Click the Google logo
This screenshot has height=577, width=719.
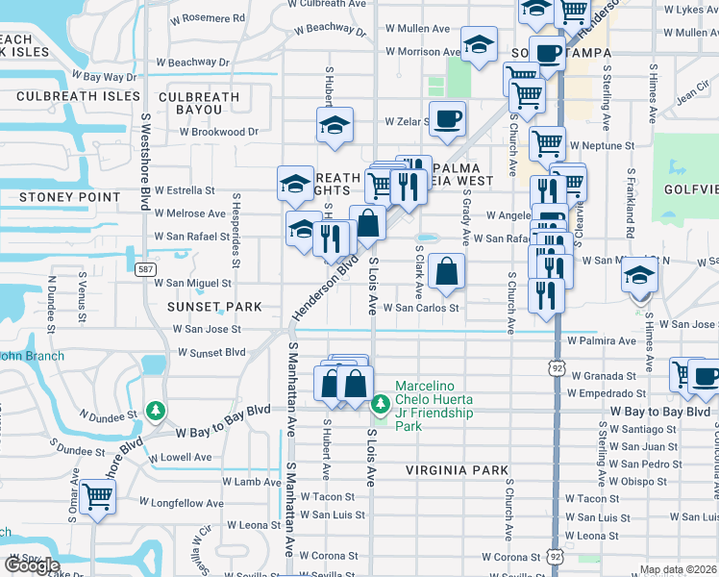pyautogui.click(x=31, y=565)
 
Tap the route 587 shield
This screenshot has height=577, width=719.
pyautogui.click(x=144, y=270)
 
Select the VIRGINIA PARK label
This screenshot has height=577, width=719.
pyautogui.click(x=456, y=470)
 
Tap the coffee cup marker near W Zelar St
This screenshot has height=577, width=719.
pyautogui.click(x=447, y=120)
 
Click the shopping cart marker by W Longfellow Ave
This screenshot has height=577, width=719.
pyautogui.click(x=98, y=496)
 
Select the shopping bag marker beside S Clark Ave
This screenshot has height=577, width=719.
pyautogui.click(x=447, y=271)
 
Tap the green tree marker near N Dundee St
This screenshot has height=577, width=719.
pyautogui.click(x=156, y=412)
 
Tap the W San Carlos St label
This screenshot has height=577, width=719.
pyautogui.click(x=421, y=309)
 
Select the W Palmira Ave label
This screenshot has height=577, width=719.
pyautogui.click(x=602, y=340)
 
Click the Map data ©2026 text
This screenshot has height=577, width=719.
pyautogui.click(x=678, y=569)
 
